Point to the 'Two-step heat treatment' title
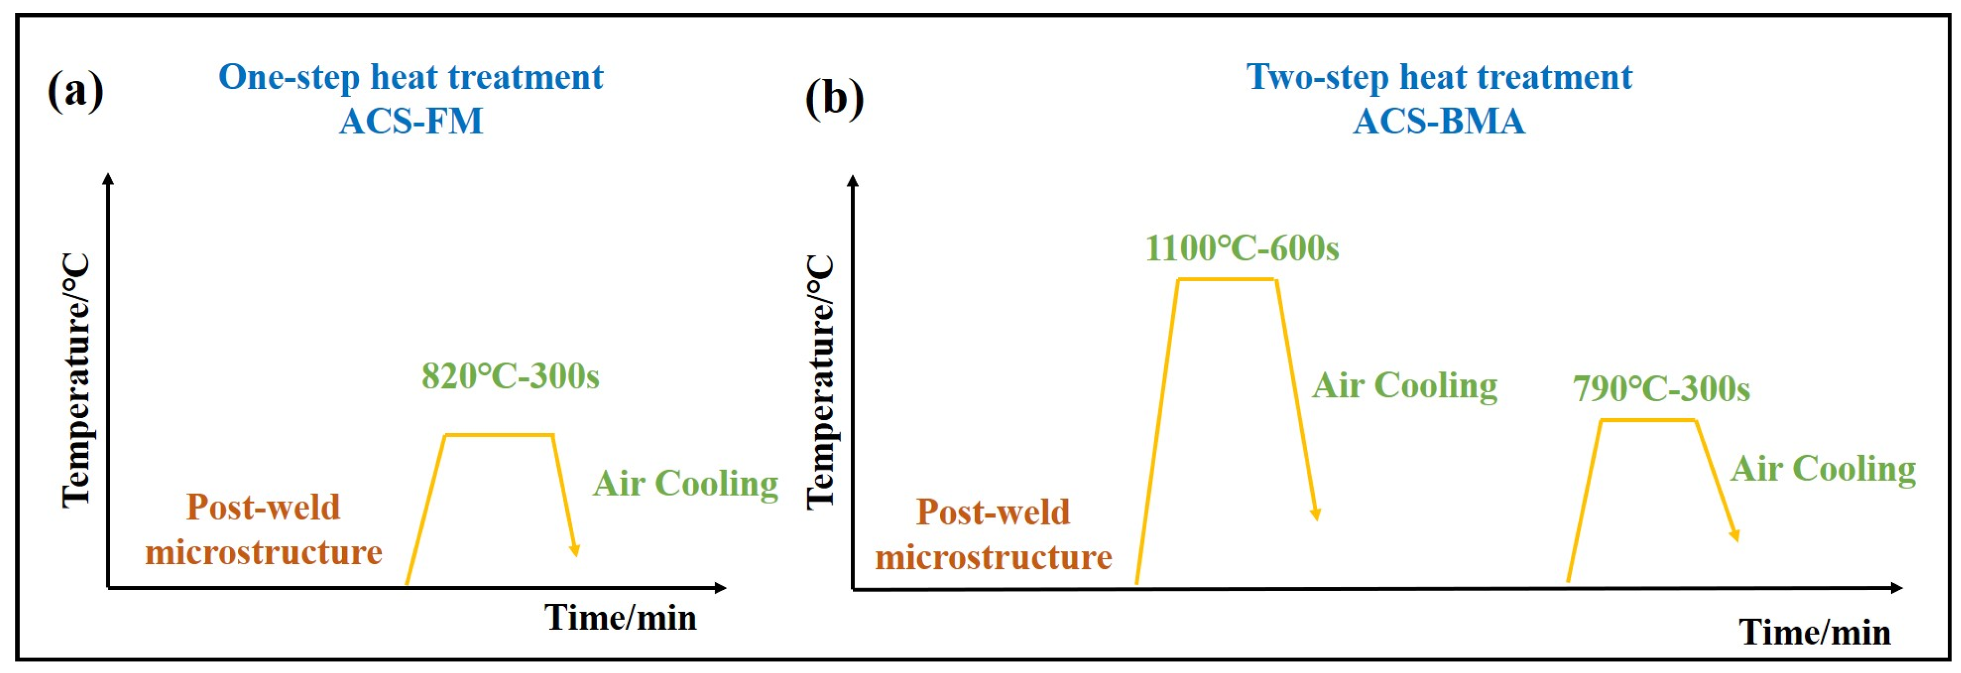(x=1439, y=77)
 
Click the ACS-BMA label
(x=1439, y=121)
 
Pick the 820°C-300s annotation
(x=510, y=375)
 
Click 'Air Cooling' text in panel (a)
(x=685, y=483)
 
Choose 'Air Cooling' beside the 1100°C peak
(x=1404, y=385)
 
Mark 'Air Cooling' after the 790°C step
(x=1823, y=468)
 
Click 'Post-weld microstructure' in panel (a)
(x=263, y=529)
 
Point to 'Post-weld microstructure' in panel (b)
(x=993, y=534)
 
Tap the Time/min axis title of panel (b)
(x=1815, y=632)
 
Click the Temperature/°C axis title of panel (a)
(x=76, y=380)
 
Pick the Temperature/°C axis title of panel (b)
(x=821, y=381)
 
